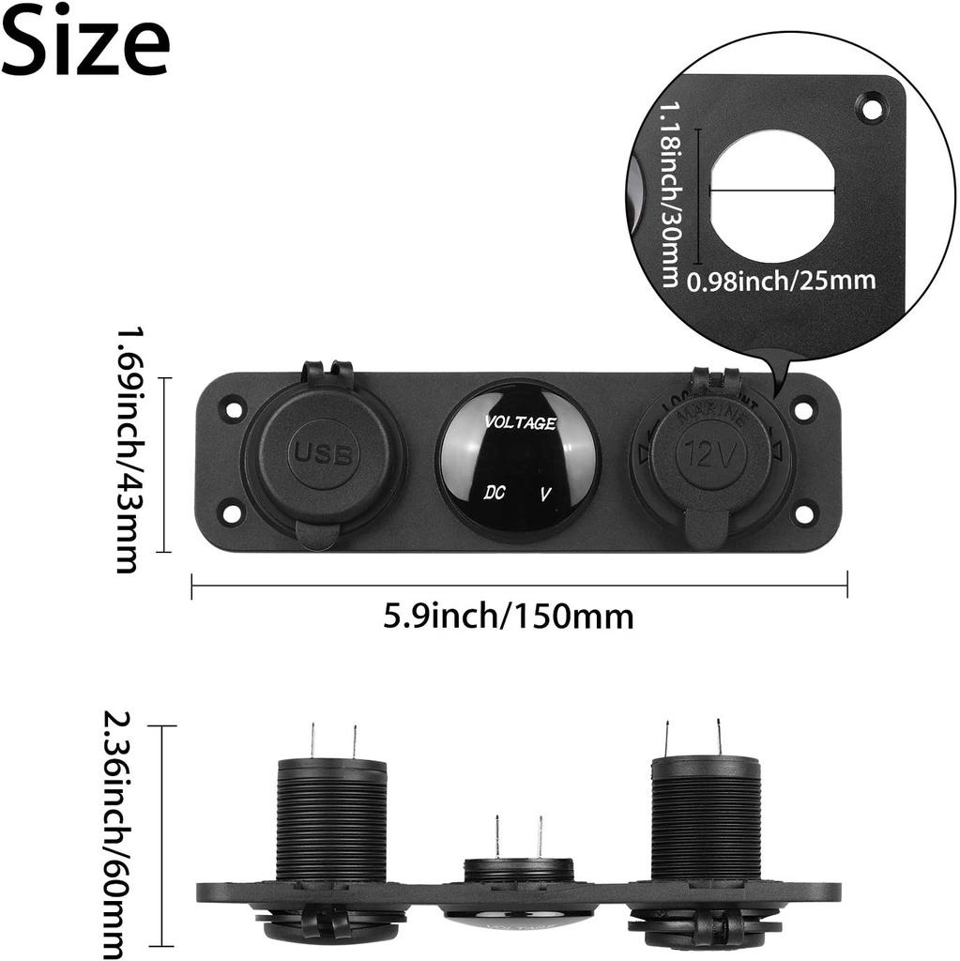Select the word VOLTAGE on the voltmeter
[520, 423]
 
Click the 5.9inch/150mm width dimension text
[509, 617]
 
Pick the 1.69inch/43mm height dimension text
[128, 449]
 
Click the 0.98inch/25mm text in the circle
[781, 280]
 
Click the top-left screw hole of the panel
[231, 409]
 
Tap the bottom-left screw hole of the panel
[231, 512]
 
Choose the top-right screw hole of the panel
[803, 409]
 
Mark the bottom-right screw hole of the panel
[803, 513]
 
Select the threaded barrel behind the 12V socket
[706, 816]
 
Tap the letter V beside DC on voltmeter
[546, 493]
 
